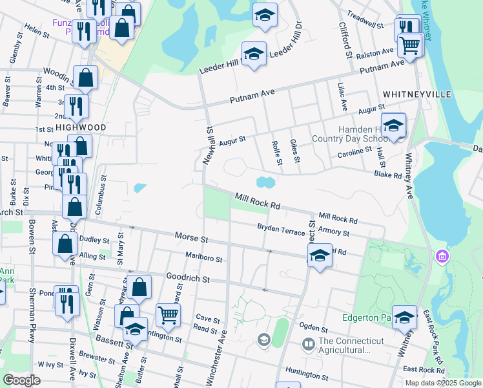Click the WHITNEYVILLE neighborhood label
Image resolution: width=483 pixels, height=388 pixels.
(x=416, y=94)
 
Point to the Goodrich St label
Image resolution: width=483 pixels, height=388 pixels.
(x=189, y=279)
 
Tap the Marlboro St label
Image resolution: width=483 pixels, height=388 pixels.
(x=204, y=258)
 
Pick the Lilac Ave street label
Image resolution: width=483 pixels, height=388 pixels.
(x=343, y=96)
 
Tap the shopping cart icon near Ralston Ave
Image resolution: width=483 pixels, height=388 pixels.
(x=409, y=45)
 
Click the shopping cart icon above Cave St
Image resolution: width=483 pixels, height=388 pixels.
(x=168, y=316)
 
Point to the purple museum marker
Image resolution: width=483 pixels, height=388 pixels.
(x=442, y=257)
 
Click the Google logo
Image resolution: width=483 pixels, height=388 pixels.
(x=21, y=380)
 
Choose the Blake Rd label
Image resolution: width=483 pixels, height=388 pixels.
(x=388, y=175)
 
